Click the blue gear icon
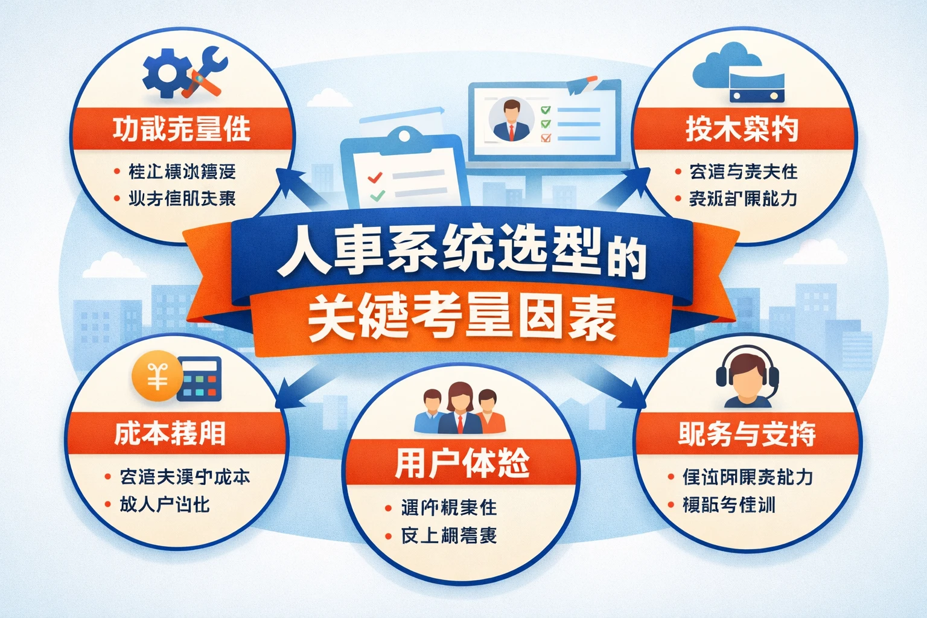[x=162, y=75]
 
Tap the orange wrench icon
[x=206, y=75]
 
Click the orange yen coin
[x=157, y=375]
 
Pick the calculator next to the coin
[x=201, y=379]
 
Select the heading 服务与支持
[x=747, y=434]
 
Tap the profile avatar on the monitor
[x=511, y=119]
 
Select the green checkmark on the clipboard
[x=377, y=196]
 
